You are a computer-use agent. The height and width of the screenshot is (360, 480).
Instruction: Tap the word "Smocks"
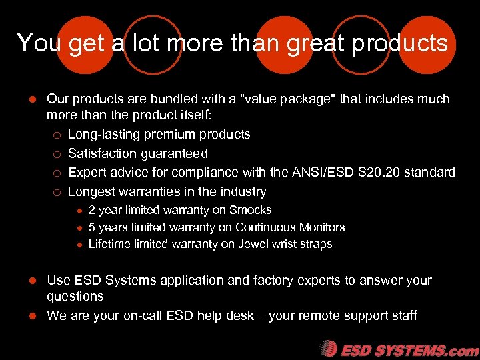click(x=250, y=210)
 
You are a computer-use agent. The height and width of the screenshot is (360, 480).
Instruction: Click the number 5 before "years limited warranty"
click(x=92, y=227)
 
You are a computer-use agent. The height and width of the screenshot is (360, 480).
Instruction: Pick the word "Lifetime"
click(x=110, y=244)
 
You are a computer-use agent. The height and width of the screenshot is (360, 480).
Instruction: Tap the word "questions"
click(x=75, y=297)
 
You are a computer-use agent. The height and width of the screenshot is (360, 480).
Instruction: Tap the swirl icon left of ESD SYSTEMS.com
click(x=328, y=349)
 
